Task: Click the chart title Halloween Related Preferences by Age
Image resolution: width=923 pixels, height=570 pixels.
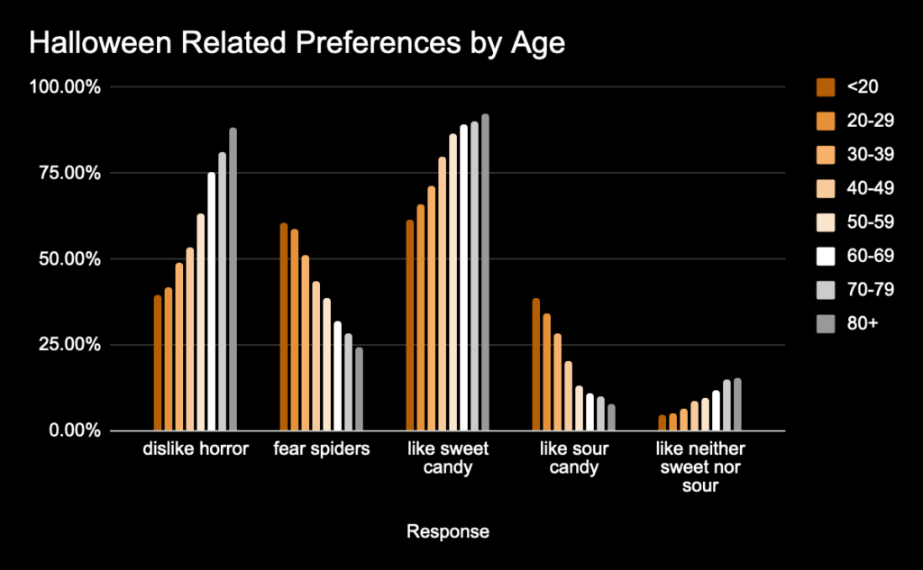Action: tap(297, 43)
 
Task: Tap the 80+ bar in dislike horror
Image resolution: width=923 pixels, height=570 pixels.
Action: tap(233, 279)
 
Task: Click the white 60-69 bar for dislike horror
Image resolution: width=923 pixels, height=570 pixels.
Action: tap(212, 302)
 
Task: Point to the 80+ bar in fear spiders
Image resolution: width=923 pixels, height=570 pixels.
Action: tap(359, 389)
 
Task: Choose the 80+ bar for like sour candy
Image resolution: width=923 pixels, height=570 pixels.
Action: tap(611, 418)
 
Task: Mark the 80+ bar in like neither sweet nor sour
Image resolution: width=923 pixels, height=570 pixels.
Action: tap(737, 404)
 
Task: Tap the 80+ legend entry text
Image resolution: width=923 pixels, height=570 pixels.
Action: tap(862, 323)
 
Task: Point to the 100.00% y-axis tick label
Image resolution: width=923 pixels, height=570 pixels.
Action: tap(68, 87)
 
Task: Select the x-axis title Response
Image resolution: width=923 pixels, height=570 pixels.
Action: tap(448, 531)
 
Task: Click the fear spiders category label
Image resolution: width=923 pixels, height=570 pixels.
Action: tap(322, 449)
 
